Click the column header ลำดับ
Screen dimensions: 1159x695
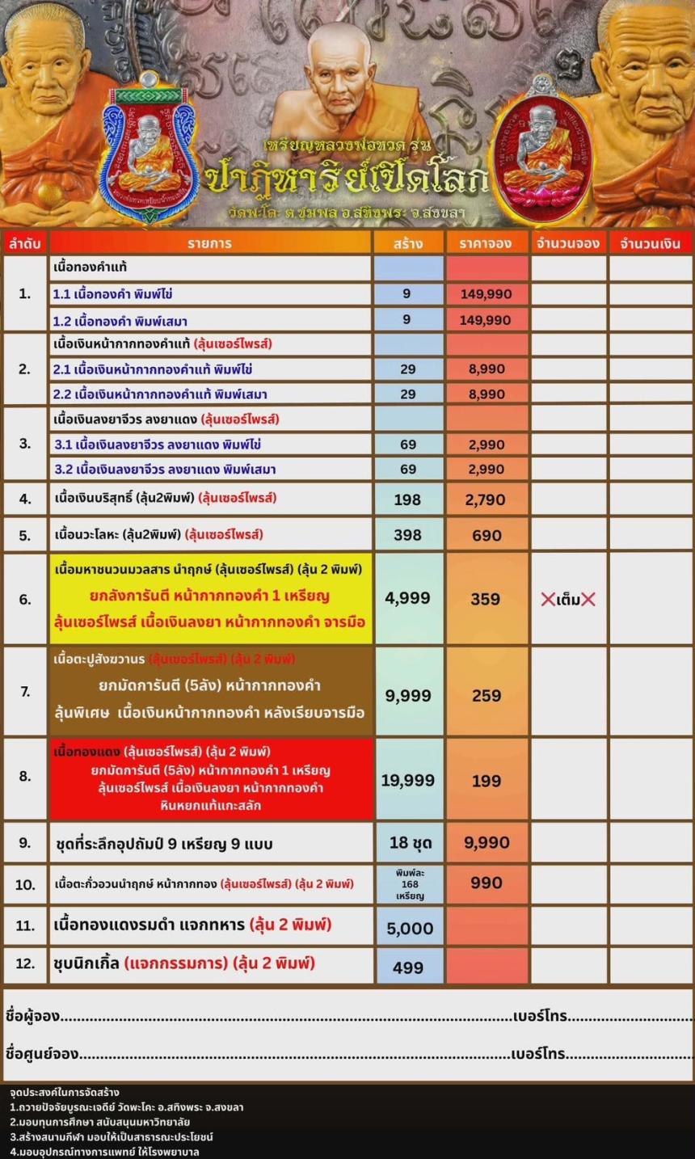[24, 243]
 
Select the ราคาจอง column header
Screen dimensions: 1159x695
[486, 243]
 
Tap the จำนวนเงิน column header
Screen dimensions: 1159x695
[651, 243]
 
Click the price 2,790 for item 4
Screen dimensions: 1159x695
[486, 499]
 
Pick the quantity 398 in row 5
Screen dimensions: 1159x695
[407, 535]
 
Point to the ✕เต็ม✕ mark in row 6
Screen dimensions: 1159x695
[568, 600]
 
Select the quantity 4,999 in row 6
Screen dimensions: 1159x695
[407, 598]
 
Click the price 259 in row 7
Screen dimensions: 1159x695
[486, 695]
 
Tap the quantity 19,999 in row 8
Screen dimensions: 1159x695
[407, 780]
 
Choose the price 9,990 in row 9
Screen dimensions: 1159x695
[486, 843]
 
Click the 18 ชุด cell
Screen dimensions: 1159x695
[410, 843]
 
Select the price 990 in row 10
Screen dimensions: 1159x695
[486, 883]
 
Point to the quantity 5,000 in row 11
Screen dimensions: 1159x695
[410, 929]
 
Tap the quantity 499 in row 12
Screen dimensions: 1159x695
[408, 967]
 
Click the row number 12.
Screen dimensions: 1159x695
[25, 965]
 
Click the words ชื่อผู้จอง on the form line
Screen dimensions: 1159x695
[32, 1016]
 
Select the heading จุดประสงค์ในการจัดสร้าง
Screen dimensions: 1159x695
[65, 1093]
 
